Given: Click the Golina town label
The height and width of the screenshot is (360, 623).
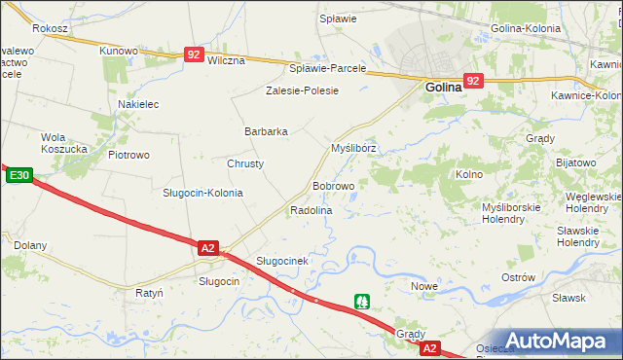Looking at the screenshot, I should point(447,88).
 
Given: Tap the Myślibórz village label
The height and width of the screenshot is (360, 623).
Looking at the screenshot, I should point(353,149).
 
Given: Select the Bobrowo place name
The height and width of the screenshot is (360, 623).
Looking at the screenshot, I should point(333,185).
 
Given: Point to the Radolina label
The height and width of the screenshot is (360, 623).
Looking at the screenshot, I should point(311,210).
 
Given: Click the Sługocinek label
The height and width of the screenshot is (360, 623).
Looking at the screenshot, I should point(282,261).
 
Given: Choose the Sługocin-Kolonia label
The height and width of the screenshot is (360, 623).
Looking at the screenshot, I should point(202,193).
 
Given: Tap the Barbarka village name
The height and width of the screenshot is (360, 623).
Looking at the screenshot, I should point(266,131).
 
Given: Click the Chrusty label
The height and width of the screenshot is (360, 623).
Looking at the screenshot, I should point(245,163).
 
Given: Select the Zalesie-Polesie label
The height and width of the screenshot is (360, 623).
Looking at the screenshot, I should point(302,90).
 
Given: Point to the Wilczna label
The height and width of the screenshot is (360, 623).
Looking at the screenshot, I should point(226,59).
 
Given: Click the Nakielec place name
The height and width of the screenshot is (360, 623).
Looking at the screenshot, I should point(138,104).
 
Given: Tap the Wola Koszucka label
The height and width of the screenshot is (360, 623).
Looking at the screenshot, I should point(65,143).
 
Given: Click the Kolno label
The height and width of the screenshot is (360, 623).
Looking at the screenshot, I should point(469,174).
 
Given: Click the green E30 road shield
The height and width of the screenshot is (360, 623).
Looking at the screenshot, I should point(19,176).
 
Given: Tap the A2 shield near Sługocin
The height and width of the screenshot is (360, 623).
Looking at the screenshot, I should point(207,248).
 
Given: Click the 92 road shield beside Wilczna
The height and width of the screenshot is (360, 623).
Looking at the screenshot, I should point(194,55).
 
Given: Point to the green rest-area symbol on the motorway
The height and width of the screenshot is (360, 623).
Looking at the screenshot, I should point(362,302).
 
